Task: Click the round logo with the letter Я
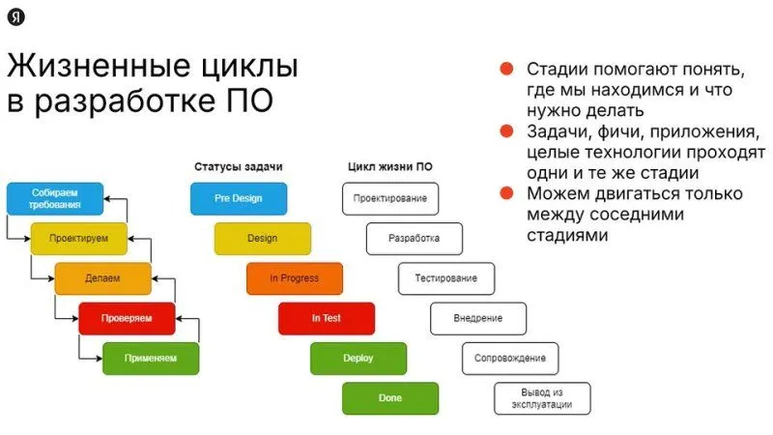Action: pyautogui.click(x=16, y=17)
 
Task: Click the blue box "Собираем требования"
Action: pyautogui.click(x=55, y=199)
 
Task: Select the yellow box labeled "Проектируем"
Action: pyautogui.click(x=79, y=239)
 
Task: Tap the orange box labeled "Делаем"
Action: pyautogui.click(x=102, y=278)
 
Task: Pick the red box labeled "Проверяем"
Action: pyautogui.click(x=127, y=319)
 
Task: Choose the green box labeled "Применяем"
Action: pyautogui.click(x=151, y=359)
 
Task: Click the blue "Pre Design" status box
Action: pyautogui.click(x=239, y=199)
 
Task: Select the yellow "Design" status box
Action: pyautogui.click(x=263, y=239)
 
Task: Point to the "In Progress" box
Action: pyautogui.click(x=295, y=278)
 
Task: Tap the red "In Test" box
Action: pyautogui.click(x=327, y=319)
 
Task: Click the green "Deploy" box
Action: pyautogui.click(x=358, y=359)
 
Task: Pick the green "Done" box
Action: pyautogui.click(x=390, y=398)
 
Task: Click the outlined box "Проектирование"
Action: pyautogui.click(x=390, y=199)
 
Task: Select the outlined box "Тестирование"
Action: pyautogui.click(x=446, y=278)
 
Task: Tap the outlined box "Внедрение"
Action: pyautogui.click(x=478, y=319)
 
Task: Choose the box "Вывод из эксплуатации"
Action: pyautogui.click(x=542, y=398)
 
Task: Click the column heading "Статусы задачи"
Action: pyautogui.click(x=239, y=166)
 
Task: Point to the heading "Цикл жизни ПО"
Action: pyautogui.click(x=390, y=166)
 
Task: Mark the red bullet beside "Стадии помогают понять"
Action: pyautogui.click(x=506, y=69)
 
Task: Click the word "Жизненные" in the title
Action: pyautogui.click(x=99, y=66)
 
